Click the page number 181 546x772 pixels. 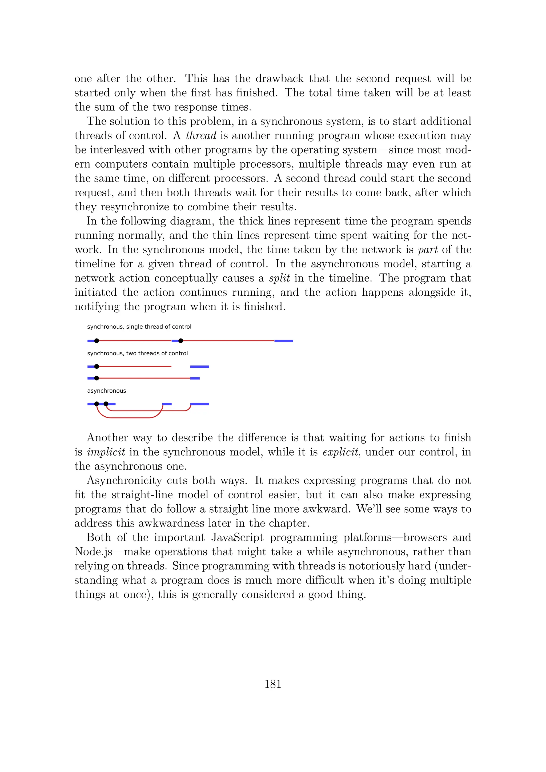(273, 684)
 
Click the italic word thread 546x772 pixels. (201, 135)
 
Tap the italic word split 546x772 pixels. (279, 278)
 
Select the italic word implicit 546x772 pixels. (106, 452)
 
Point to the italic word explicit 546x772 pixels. (340, 452)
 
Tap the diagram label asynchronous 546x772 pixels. (107, 391)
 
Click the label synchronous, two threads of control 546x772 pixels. (137, 353)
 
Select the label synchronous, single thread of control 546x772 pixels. (139, 327)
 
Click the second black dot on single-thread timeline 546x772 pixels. (180, 341)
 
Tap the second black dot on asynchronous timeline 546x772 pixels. (106, 404)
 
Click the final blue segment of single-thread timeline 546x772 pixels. (283, 341)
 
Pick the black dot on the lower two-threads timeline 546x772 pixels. (97, 378)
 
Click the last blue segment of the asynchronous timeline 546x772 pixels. (200, 404)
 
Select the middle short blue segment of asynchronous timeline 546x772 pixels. (167, 404)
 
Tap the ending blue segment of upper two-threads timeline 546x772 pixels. (200, 367)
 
